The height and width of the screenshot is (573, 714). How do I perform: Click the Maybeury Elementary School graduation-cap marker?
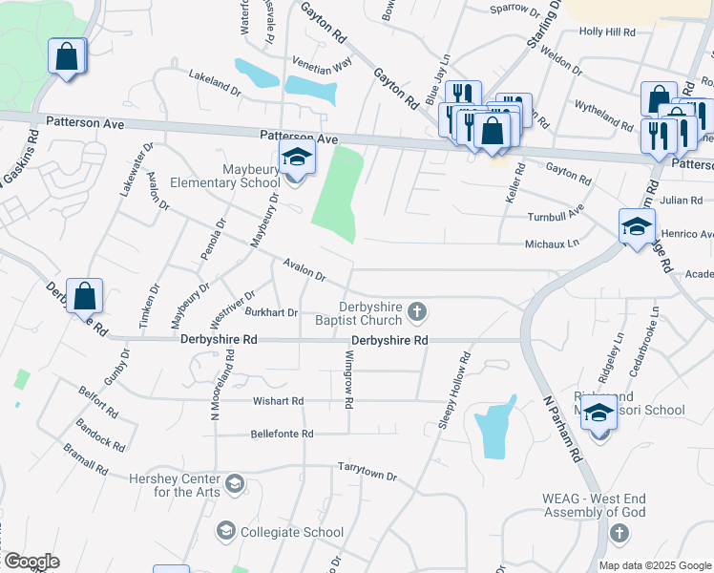tap(297, 160)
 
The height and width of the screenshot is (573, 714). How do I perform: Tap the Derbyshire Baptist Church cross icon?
tap(416, 310)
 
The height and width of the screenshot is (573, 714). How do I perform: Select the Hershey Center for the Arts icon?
tap(235, 485)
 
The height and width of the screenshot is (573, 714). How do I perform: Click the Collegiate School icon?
tap(226, 531)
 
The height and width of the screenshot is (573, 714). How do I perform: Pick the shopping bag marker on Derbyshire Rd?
tap(85, 296)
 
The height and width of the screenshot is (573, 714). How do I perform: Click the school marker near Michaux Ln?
tap(637, 227)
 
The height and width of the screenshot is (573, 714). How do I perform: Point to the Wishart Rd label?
tap(278, 401)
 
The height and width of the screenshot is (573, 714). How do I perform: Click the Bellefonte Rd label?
tap(282, 434)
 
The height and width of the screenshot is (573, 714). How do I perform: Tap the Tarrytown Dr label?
tap(367, 469)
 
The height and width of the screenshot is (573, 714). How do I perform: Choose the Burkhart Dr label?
tap(271, 312)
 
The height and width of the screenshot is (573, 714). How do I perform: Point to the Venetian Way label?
tap(322, 61)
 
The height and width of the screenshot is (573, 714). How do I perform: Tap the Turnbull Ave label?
tap(556, 217)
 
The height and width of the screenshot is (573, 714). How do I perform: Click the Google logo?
tap(31, 562)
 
